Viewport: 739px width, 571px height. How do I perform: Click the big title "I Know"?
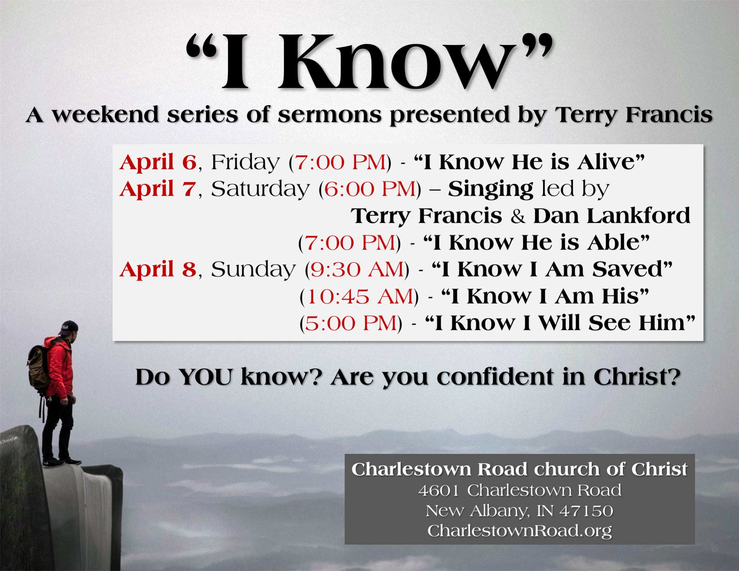[x=369, y=62]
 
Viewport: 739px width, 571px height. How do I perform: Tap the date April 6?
[x=158, y=162]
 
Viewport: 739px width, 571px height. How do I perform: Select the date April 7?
[x=158, y=189]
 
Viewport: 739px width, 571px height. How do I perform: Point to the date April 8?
[x=158, y=269]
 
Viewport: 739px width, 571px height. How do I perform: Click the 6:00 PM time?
[x=370, y=189]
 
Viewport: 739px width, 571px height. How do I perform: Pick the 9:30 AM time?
[x=357, y=270]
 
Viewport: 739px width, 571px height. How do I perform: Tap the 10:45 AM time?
[x=360, y=297]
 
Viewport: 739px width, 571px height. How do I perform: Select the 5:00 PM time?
[x=351, y=323]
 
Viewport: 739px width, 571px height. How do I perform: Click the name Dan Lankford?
[x=612, y=216]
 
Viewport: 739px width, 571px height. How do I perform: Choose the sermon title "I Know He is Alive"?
[x=529, y=162]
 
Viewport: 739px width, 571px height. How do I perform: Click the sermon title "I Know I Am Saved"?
[x=552, y=269]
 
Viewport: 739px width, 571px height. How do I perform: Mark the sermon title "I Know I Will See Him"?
[x=560, y=323]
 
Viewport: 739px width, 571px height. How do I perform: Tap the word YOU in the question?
[x=206, y=377]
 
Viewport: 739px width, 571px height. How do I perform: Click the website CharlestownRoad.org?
[x=519, y=531]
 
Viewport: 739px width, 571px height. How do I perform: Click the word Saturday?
[x=260, y=189]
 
